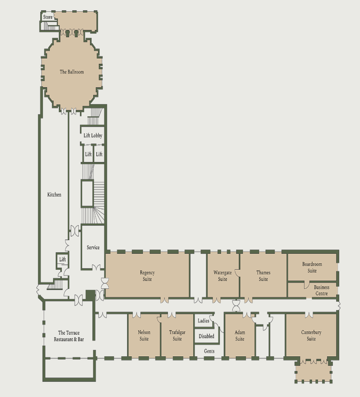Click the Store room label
tap(48, 17)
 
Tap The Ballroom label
tap(71, 72)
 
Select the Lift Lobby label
tap(93, 136)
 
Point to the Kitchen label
tap(54, 194)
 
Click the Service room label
tap(93, 247)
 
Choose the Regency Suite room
tap(147, 276)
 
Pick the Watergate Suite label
tap(223, 276)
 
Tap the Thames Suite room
tap(264, 276)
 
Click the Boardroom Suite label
tap(312, 268)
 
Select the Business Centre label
tap(321, 290)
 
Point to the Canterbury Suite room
tap(311, 336)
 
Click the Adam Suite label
tap(240, 336)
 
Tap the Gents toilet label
tap(209, 351)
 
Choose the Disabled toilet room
tap(206, 336)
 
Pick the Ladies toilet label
tap(203, 321)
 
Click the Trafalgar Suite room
tap(177, 336)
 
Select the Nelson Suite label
tap(144, 336)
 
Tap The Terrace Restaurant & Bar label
tap(69, 336)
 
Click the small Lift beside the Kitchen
tap(62, 259)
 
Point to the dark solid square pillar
tap(90, 295)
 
